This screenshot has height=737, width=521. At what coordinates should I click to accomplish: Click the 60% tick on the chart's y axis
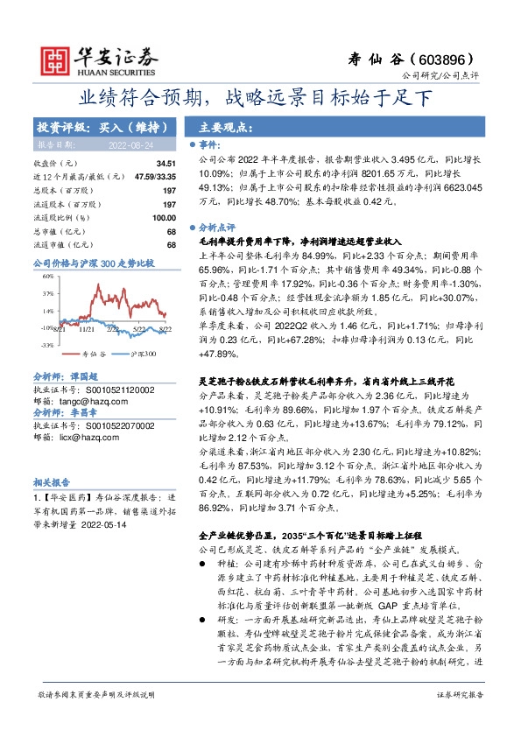[46, 277]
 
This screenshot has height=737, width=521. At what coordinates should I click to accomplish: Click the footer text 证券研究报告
[460, 718]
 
